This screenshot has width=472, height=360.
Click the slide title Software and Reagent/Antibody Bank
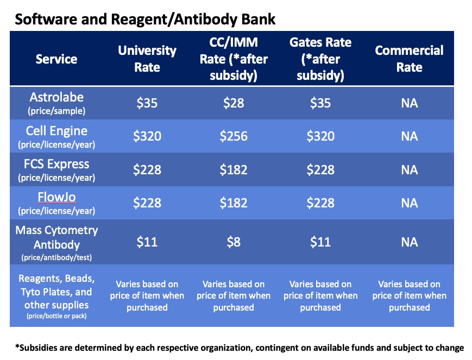pos(145,20)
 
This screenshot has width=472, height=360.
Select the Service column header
pos(56,59)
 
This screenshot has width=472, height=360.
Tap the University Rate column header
pos(147,59)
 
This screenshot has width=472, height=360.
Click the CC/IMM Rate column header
pos(234,59)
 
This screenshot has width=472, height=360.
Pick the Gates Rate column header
pos(320,59)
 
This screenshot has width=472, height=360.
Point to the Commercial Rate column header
pos(409,59)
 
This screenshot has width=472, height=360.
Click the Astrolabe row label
pos(56,102)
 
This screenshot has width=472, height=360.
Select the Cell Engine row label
pos(56,136)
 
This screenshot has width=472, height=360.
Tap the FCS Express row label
pos(56,169)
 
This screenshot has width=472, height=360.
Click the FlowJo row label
pos(56,203)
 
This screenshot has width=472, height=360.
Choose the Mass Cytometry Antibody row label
pos(56,241)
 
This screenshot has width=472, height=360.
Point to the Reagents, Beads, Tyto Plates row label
pos(56,295)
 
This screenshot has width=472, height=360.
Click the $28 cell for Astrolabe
pos(234,103)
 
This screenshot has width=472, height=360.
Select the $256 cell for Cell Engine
pos(234,136)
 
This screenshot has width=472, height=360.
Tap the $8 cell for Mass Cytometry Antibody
pos(234,241)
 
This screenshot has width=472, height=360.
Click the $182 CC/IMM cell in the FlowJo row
pos(234,203)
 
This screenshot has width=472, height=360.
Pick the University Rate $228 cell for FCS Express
pos(147,169)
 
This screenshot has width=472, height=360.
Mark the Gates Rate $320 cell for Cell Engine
pos(320,136)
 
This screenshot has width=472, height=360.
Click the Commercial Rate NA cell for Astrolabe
pos(409,103)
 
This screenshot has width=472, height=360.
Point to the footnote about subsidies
pos(240,348)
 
